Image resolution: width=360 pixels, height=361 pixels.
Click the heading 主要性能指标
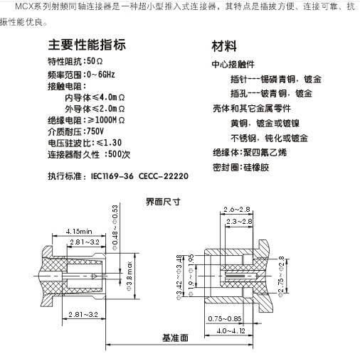click(x=87, y=45)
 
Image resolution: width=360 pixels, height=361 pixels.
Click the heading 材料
click(x=224, y=46)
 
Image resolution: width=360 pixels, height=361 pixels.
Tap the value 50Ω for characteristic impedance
click(x=95, y=61)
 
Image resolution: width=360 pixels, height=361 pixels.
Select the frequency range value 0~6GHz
click(x=101, y=75)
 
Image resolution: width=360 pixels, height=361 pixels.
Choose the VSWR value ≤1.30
click(x=109, y=143)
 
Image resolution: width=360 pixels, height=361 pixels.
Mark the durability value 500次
click(x=119, y=154)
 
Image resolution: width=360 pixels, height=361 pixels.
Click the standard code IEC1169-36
click(x=112, y=176)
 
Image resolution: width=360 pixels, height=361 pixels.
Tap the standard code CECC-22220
click(x=164, y=176)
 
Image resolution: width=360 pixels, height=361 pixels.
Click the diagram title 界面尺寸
click(x=163, y=202)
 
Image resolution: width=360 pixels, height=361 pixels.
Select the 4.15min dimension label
click(x=79, y=231)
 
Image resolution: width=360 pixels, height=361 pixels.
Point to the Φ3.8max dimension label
click(x=129, y=276)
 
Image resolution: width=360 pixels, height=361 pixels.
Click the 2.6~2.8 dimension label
click(x=237, y=210)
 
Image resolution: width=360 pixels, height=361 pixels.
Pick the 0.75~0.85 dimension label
click(x=225, y=318)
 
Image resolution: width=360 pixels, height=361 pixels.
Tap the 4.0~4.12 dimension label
click(x=231, y=330)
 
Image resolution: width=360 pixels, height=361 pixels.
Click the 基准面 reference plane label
click(x=175, y=338)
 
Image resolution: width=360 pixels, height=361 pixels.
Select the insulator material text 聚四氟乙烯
click(x=265, y=153)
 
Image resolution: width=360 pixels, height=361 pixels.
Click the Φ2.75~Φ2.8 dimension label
click(x=281, y=276)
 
